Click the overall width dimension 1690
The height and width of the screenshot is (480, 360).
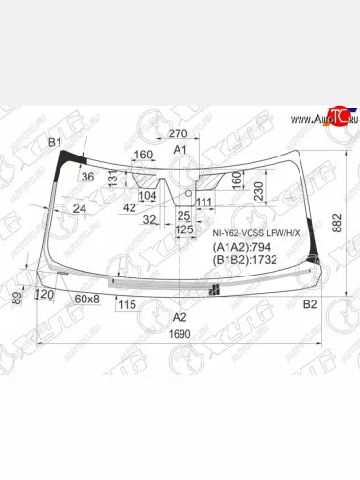click(180, 334)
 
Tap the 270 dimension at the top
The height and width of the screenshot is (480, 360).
click(178, 134)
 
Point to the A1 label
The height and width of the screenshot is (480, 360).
click(180, 151)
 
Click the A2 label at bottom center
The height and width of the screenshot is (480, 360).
click(180, 316)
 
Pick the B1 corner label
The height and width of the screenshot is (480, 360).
click(57, 142)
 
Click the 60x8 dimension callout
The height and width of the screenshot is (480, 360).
click(86, 299)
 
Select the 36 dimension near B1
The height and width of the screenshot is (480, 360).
click(87, 176)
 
